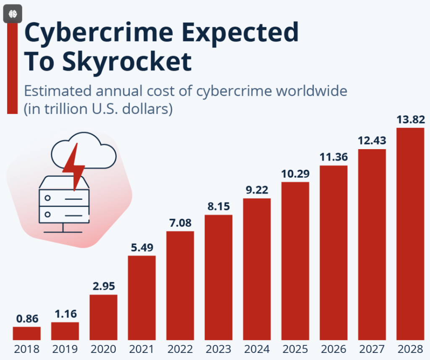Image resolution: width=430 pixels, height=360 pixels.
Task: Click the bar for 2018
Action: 26,333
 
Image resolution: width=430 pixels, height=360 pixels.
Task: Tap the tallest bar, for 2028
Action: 410,234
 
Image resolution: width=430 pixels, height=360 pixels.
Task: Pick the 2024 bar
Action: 257,269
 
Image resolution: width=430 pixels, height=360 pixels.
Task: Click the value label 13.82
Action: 410,120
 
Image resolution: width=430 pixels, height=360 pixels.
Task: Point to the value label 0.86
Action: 26,319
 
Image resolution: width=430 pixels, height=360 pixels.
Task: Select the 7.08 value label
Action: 180,223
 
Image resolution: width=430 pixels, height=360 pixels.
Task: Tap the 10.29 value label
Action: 295,173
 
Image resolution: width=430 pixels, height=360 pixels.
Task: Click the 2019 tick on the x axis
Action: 65,349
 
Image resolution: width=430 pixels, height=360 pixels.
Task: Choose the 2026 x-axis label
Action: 333,349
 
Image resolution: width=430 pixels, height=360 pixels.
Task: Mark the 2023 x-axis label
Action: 218,349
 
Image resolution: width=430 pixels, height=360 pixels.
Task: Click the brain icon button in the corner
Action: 12,13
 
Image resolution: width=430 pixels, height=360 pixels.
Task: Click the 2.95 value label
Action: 103,286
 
